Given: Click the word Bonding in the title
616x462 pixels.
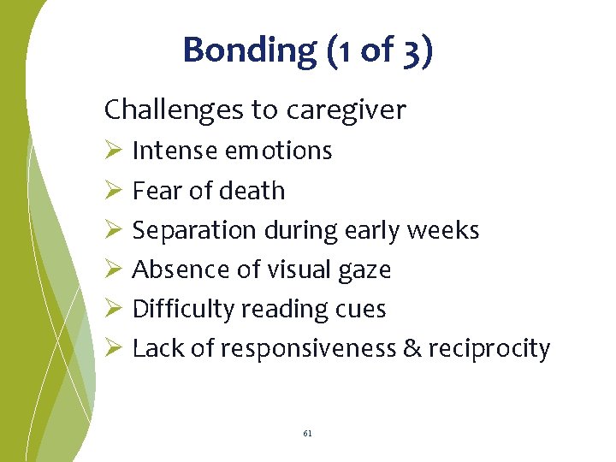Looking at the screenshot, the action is [249, 50].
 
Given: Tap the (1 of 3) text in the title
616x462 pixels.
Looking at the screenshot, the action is [380, 50].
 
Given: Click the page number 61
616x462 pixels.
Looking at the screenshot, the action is [308, 434].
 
